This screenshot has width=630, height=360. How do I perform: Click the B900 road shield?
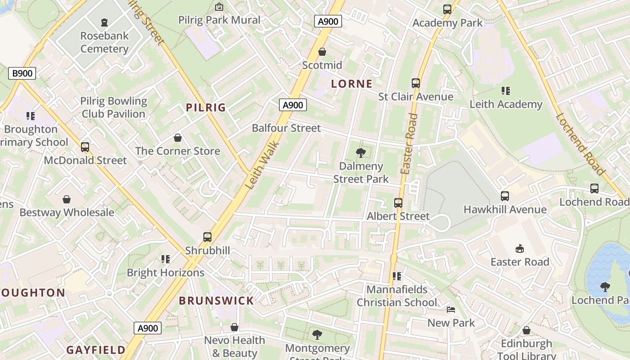point(22,73)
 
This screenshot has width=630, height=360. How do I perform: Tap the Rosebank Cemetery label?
point(104,42)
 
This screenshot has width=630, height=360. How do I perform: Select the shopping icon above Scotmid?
point(322,52)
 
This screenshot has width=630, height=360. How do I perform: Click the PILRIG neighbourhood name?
point(206,108)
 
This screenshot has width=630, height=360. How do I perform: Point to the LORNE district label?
point(352,84)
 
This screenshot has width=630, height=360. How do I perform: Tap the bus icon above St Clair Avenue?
point(416,83)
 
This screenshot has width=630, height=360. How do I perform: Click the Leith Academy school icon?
point(506,91)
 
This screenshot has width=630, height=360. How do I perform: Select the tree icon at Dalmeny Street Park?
point(360,153)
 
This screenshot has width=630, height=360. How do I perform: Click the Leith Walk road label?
point(263,165)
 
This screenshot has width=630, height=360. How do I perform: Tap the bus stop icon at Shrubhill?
point(207,237)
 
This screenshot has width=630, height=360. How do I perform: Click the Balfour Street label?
point(286,128)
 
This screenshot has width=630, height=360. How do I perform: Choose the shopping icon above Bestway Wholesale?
point(67,199)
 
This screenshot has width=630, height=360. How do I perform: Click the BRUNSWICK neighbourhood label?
point(216,301)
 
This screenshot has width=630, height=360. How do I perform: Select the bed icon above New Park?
point(451,309)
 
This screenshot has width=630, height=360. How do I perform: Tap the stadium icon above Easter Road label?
point(520,248)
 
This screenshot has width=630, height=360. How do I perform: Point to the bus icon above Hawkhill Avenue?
point(505,196)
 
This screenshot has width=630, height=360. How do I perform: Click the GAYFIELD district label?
point(96,350)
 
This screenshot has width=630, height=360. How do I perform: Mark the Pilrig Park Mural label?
point(219,20)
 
